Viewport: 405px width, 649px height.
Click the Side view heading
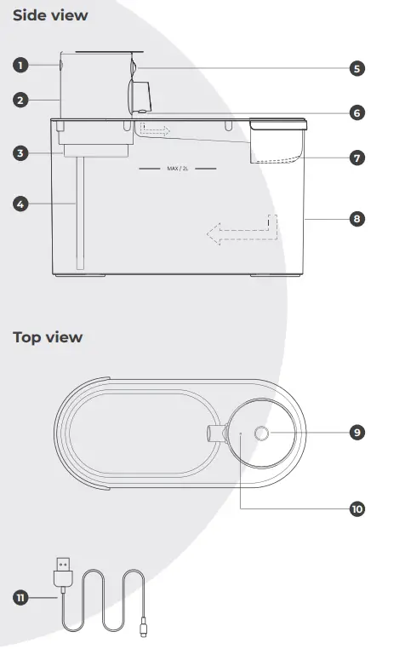pyautogui.click(x=50, y=15)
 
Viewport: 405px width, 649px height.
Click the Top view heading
pyautogui.click(x=48, y=337)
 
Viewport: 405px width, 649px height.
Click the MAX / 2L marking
pyautogui.click(x=177, y=169)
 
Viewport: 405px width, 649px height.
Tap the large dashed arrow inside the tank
pyautogui.click(x=242, y=230)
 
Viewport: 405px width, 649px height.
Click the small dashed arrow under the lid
pyautogui.click(x=156, y=129)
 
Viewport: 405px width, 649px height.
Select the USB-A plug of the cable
pyautogui.click(x=62, y=569)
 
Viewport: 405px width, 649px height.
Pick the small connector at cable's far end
pyautogui.click(x=141, y=631)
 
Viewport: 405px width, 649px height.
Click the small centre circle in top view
pyautogui.click(x=261, y=434)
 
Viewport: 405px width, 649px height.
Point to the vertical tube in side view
pyautogui.click(x=81, y=213)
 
